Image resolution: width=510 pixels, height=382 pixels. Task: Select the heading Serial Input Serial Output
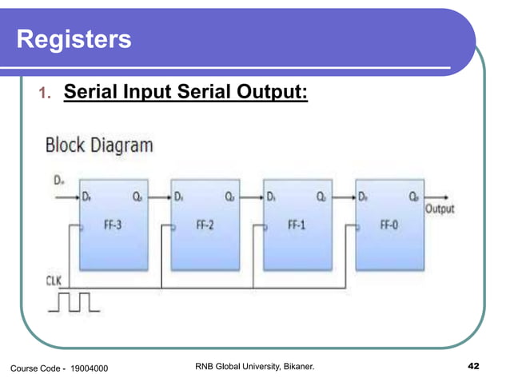click(185, 94)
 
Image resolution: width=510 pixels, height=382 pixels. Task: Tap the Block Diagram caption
click(99, 145)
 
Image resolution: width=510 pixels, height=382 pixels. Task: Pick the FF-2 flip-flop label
click(205, 225)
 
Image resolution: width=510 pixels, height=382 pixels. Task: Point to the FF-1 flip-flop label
click(297, 225)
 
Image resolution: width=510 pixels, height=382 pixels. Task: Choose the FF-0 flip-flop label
click(389, 225)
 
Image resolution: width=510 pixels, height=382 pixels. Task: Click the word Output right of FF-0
click(439, 209)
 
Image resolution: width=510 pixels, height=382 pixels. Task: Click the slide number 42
click(472, 366)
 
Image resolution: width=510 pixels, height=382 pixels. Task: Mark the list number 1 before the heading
click(45, 96)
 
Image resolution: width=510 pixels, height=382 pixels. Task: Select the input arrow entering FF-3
click(67, 196)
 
